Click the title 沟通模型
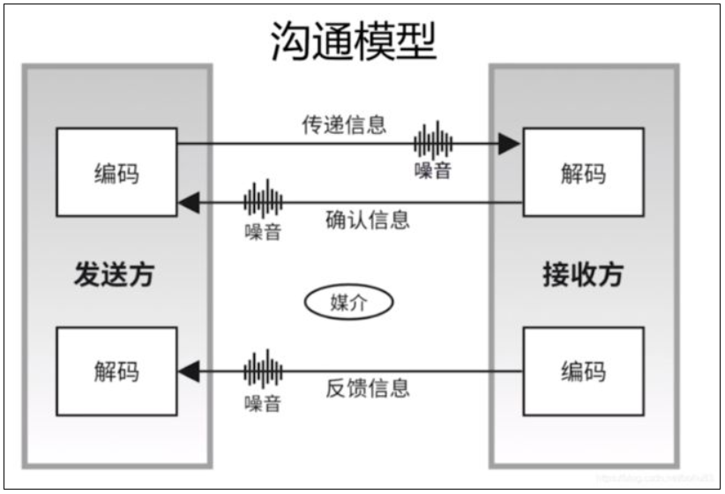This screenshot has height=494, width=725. click(353, 41)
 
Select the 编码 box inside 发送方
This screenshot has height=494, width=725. click(116, 172)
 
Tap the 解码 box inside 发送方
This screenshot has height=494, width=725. click(116, 370)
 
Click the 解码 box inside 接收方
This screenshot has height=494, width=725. click(583, 172)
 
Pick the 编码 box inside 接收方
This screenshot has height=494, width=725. click(583, 370)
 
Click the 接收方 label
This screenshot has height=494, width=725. click(582, 274)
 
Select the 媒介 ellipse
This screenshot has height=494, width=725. click(348, 303)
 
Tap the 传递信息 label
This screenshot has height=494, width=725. click(344, 124)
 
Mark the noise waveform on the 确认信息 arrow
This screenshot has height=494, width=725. click(263, 200)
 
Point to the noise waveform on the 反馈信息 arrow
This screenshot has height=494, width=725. click(263, 370)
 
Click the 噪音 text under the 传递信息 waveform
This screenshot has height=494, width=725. click(433, 170)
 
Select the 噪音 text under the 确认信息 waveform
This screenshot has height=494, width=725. click(263, 232)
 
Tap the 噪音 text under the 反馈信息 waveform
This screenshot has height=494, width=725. click(263, 402)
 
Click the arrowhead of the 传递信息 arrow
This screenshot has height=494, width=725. click(509, 144)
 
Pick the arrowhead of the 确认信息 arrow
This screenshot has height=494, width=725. click(188, 203)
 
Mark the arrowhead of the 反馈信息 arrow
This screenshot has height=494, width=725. click(188, 371)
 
